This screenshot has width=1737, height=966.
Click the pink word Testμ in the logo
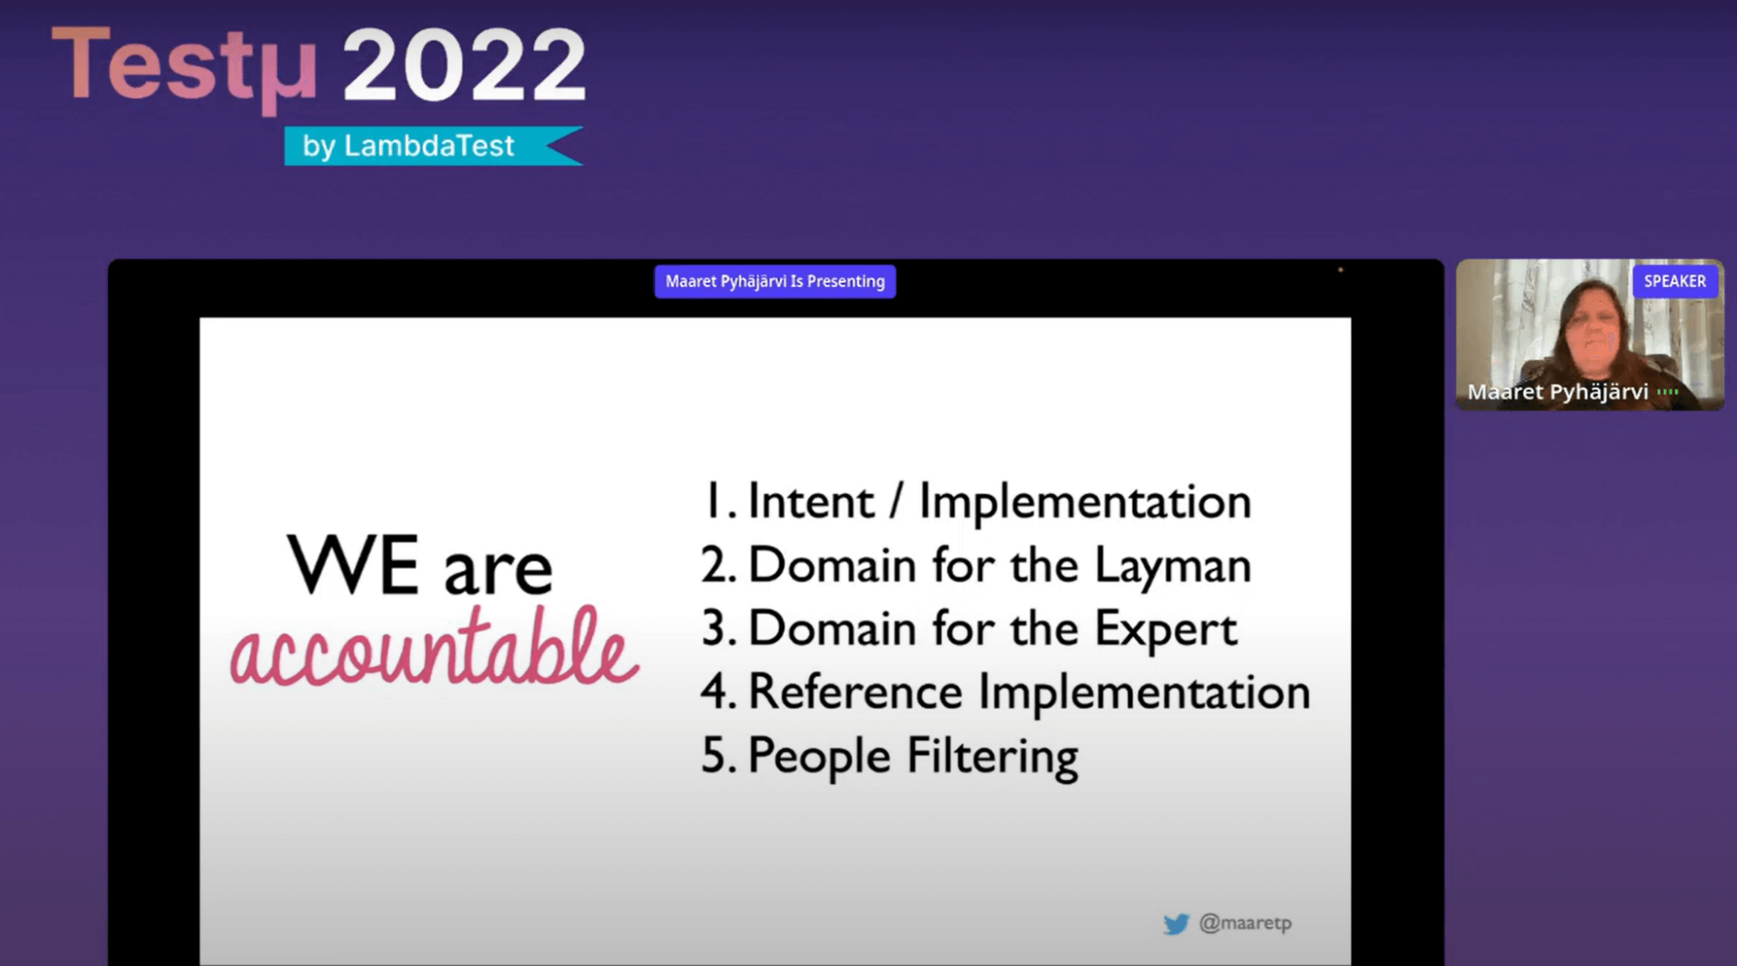(184, 68)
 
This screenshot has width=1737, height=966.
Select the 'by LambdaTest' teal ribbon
(433, 145)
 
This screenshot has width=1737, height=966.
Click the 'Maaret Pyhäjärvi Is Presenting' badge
(775, 281)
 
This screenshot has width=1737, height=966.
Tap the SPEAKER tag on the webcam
(1674, 281)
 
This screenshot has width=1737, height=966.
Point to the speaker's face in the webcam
(1592, 330)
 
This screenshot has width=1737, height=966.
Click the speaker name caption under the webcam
(1557, 392)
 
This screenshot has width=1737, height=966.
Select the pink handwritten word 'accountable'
(434, 648)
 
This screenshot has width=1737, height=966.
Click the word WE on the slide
(353, 565)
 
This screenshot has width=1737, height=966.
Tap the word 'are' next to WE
(498, 572)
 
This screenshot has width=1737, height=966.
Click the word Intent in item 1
(811, 502)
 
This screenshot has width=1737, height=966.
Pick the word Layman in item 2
(1172, 567)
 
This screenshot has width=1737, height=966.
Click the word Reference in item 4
(855, 692)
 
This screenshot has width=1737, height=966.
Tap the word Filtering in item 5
(992, 756)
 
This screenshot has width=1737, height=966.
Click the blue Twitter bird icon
(1176, 923)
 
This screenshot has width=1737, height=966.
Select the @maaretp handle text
(1245, 923)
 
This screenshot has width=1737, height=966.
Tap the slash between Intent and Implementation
(896, 503)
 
